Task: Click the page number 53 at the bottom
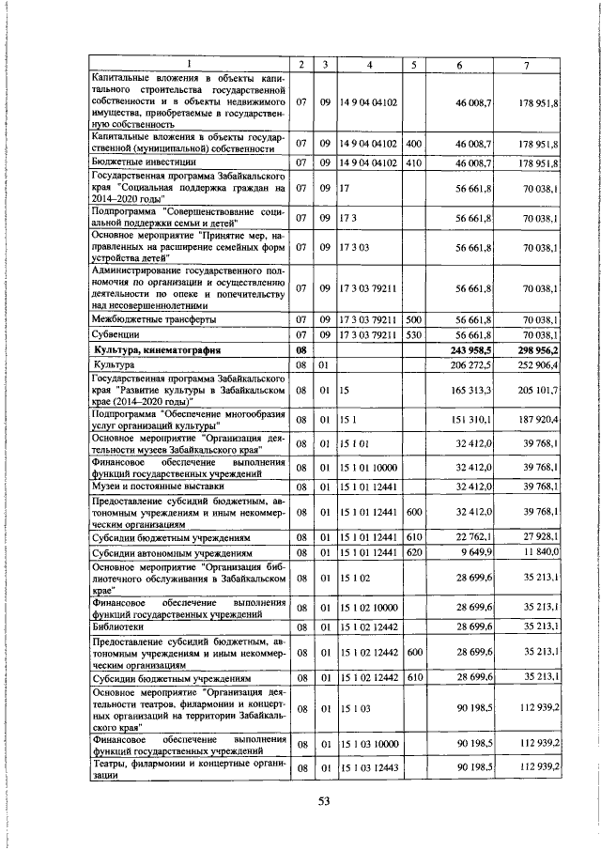coord(324,799)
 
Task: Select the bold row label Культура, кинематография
coord(156,350)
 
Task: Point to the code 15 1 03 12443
coord(370,768)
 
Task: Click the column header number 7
coord(528,64)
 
